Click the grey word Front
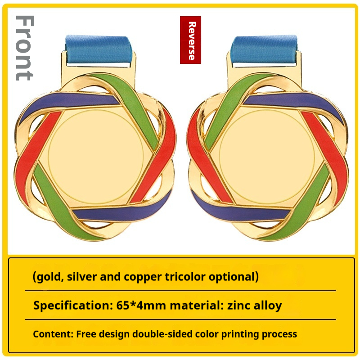25,48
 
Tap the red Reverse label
190,40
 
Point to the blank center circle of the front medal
96,156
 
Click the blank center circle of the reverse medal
267,156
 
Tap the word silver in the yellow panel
81,276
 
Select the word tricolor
185,276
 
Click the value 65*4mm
141,306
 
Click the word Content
53,334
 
